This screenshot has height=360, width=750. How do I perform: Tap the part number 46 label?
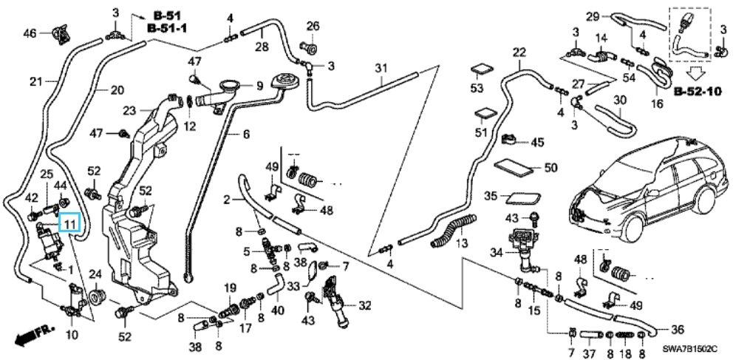(x=30, y=33)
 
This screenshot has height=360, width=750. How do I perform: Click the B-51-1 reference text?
(x=168, y=28)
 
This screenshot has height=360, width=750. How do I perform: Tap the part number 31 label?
(x=380, y=69)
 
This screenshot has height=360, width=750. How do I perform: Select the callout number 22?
(x=519, y=52)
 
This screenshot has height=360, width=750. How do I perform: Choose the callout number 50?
(x=550, y=168)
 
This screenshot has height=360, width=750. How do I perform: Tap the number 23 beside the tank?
(x=130, y=111)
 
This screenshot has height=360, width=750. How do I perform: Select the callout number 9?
(x=259, y=86)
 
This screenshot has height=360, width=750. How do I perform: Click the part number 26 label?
(x=313, y=27)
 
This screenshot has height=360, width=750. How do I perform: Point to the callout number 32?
(x=365, y=305)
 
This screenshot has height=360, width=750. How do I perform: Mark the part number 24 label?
(x=95, y=274)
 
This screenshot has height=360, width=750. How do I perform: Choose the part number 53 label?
(x=477, y=89)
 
